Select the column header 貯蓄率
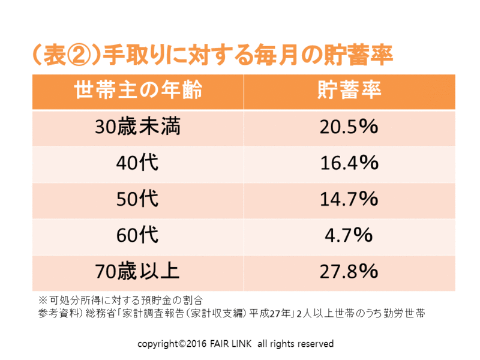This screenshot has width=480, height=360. [x=349, y=91]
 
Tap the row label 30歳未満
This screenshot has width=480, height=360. [x=137, y=128]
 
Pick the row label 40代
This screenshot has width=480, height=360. [x=137, y=164]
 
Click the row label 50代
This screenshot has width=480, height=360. [x=137, y=200]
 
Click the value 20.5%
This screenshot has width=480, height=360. [x=349, y=128]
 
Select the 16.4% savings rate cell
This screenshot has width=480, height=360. [x=349, y=164]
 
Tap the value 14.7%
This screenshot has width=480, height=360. [x=349, y=200]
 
